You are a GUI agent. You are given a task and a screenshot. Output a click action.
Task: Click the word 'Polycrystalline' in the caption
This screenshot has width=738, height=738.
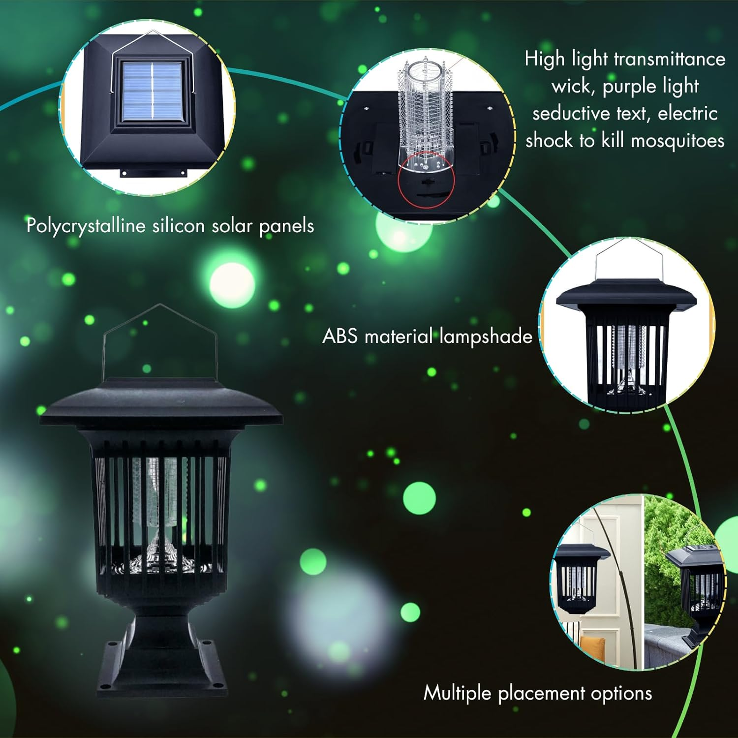tap(86, 226)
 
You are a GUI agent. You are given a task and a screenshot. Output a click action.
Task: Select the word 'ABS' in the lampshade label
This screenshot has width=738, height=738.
tap(339, 337)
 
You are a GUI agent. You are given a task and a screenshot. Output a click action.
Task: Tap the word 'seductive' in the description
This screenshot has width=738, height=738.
tap(571, 114)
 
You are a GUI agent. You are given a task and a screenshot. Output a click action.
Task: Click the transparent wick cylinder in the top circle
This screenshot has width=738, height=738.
tap(424, 113)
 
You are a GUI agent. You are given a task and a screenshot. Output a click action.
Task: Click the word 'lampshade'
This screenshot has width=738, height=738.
tap(486, 337)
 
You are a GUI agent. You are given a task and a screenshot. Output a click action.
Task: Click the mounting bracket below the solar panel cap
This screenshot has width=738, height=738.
tap(154, 173)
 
